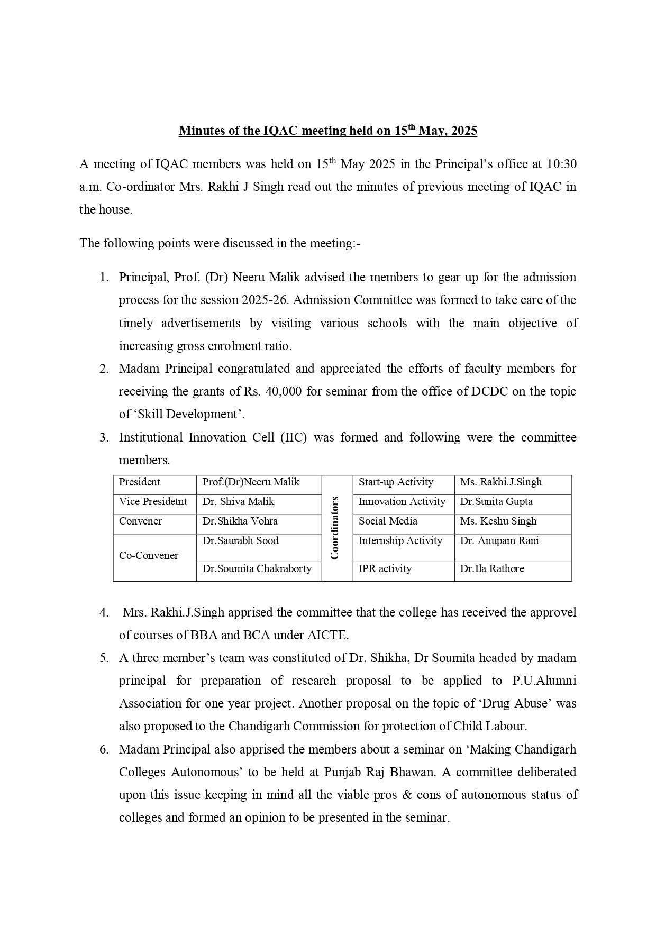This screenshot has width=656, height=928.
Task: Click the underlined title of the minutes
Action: tap(327, 131)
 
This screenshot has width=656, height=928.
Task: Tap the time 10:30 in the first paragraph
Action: tap(561, 164)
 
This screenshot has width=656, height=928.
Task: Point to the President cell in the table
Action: tap(140, 482)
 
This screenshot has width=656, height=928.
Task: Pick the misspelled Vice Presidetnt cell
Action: tap(153, 502)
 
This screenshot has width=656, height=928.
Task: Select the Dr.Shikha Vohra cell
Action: tap(240, 521)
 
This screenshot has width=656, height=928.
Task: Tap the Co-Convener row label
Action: tap(149, 556)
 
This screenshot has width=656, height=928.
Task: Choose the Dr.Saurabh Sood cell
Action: tap(240, 541)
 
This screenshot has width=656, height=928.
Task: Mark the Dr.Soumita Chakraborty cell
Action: tap(257, 569)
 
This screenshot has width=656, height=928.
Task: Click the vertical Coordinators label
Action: tap(335, 528)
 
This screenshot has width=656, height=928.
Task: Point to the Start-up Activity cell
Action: tap(396, 482)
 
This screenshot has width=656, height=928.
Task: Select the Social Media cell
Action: tap(388, 521)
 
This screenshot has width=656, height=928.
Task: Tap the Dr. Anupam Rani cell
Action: tap(499, 541)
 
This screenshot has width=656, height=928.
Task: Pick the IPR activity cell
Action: tap(385, 569)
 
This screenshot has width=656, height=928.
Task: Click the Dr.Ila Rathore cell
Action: tap(492, 569)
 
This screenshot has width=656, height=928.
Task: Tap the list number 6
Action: tap(104, 749)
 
